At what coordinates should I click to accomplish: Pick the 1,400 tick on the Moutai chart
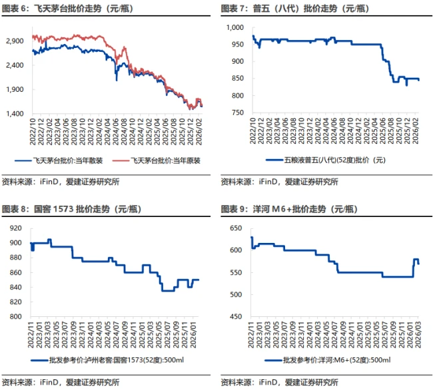tap(15, 114)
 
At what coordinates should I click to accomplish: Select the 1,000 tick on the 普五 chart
tap(236, 27)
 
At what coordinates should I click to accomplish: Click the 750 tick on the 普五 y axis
tap(238, 112)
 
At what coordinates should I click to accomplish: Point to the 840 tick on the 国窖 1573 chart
tap(17, 287)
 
